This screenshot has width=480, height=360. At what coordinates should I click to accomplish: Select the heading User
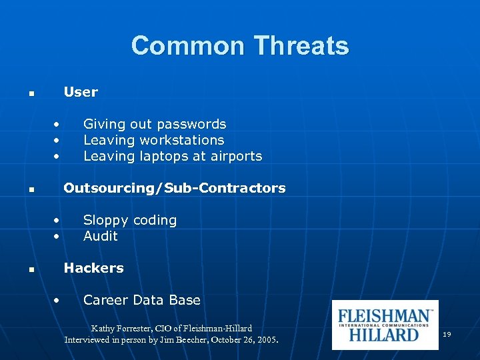81,92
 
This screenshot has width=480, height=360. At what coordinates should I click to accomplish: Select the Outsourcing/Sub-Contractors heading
174,188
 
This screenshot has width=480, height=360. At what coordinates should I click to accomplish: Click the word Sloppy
105,221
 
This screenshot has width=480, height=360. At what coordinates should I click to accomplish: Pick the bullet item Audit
100,236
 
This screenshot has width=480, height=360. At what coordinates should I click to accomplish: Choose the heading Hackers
93,268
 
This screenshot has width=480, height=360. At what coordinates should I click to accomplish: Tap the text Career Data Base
141,300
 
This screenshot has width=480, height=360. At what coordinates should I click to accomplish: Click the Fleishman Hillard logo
385,325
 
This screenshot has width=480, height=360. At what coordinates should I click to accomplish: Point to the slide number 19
447,333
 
